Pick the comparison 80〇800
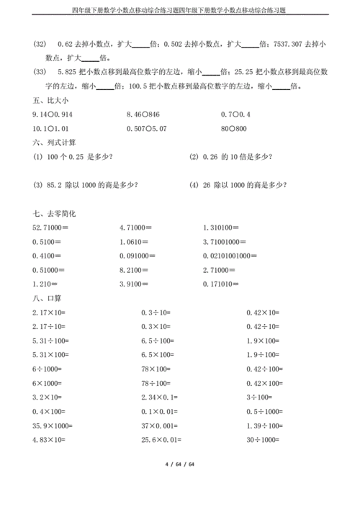click(233, 129)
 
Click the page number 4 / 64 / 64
click(179, 485)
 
